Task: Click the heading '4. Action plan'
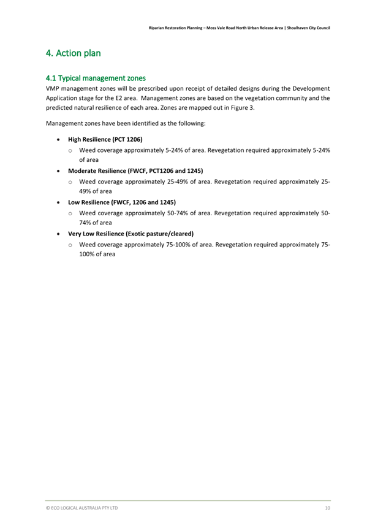[x=73, y=53]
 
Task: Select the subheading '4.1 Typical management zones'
[x=96, y=78]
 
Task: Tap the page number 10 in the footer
[x=328, y=508]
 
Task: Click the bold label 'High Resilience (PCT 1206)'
[x=105, y=140]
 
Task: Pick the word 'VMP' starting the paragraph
[x=53, y=88]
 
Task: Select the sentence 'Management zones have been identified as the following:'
[x=126, y=124]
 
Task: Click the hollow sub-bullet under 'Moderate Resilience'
[x=71, y=182]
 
